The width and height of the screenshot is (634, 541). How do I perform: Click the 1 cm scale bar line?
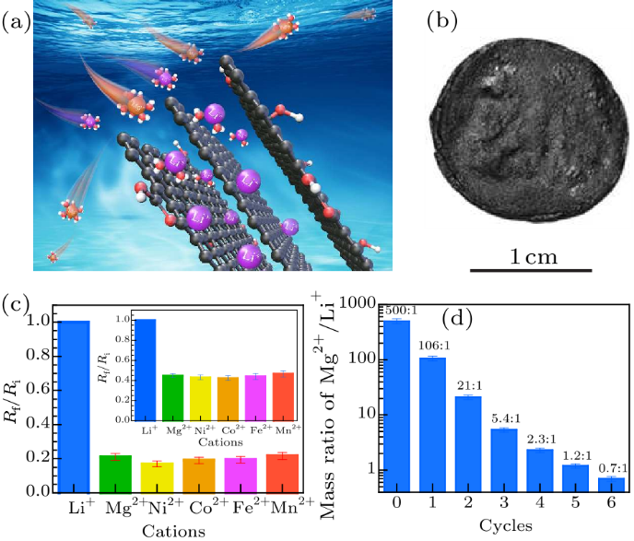pyautogui.click(x=532, y=270)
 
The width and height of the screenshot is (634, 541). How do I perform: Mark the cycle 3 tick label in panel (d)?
pyautogui.click(x=504, y=506)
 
